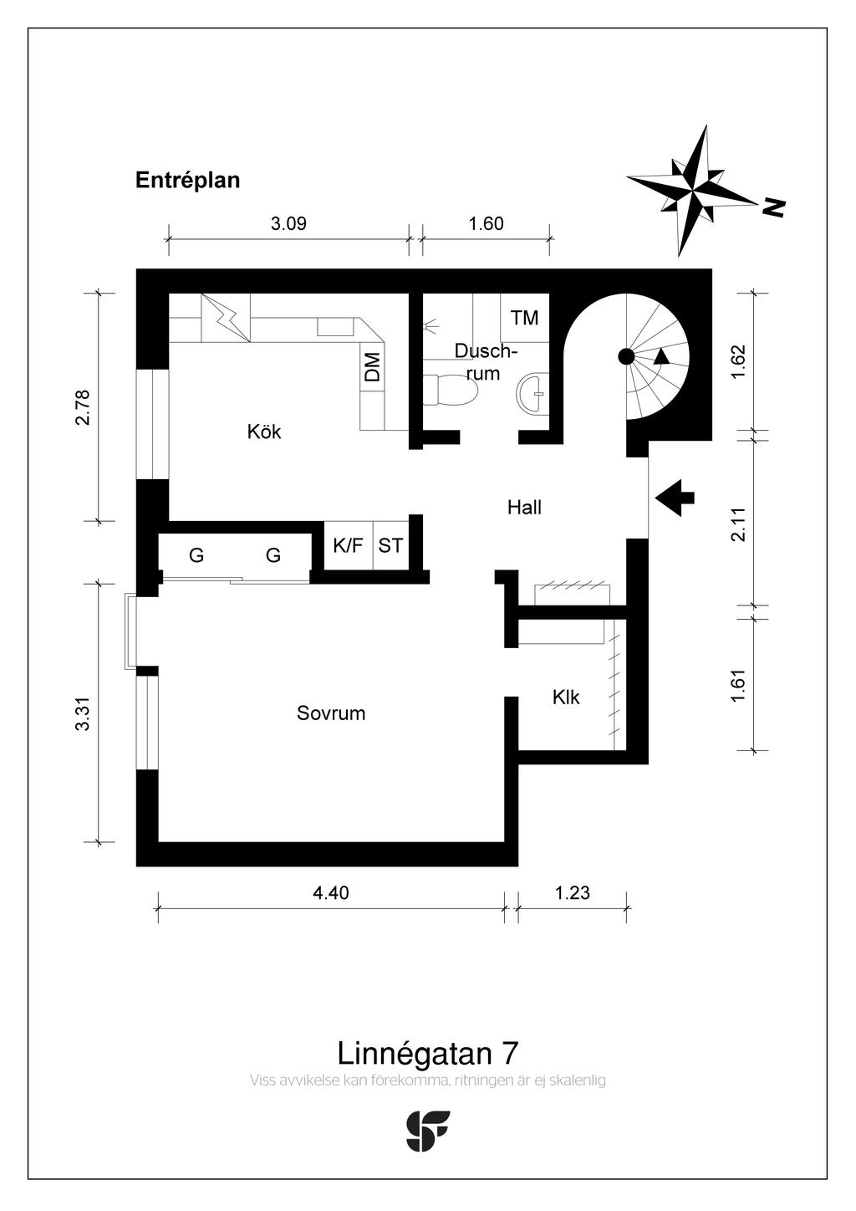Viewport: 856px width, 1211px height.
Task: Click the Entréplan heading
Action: tap(187, 180)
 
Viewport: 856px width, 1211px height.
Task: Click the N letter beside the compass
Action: tap(775, 207)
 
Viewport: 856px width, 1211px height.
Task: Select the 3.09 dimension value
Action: tap(288, 223)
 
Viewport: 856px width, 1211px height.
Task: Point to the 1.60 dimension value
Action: tap(486, 223)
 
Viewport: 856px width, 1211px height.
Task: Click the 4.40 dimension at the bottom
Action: tap(331, 892)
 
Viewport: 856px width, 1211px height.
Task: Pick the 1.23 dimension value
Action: tap(573, 892)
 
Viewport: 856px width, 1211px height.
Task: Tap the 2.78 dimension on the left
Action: tap(82, 407)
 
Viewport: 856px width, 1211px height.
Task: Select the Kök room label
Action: tap(264, 432)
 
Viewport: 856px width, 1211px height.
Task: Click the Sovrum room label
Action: tap(331, 713)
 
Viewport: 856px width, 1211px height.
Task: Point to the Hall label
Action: tap(524, 507)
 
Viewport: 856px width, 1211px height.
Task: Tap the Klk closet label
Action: tap(566, 697)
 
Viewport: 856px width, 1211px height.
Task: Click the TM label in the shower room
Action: tap(525, 318)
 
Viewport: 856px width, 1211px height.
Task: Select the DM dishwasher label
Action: tap(373, 366)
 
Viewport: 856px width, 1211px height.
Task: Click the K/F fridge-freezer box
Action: tap(348, 546)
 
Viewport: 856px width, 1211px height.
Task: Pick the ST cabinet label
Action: tap(390, 546)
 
